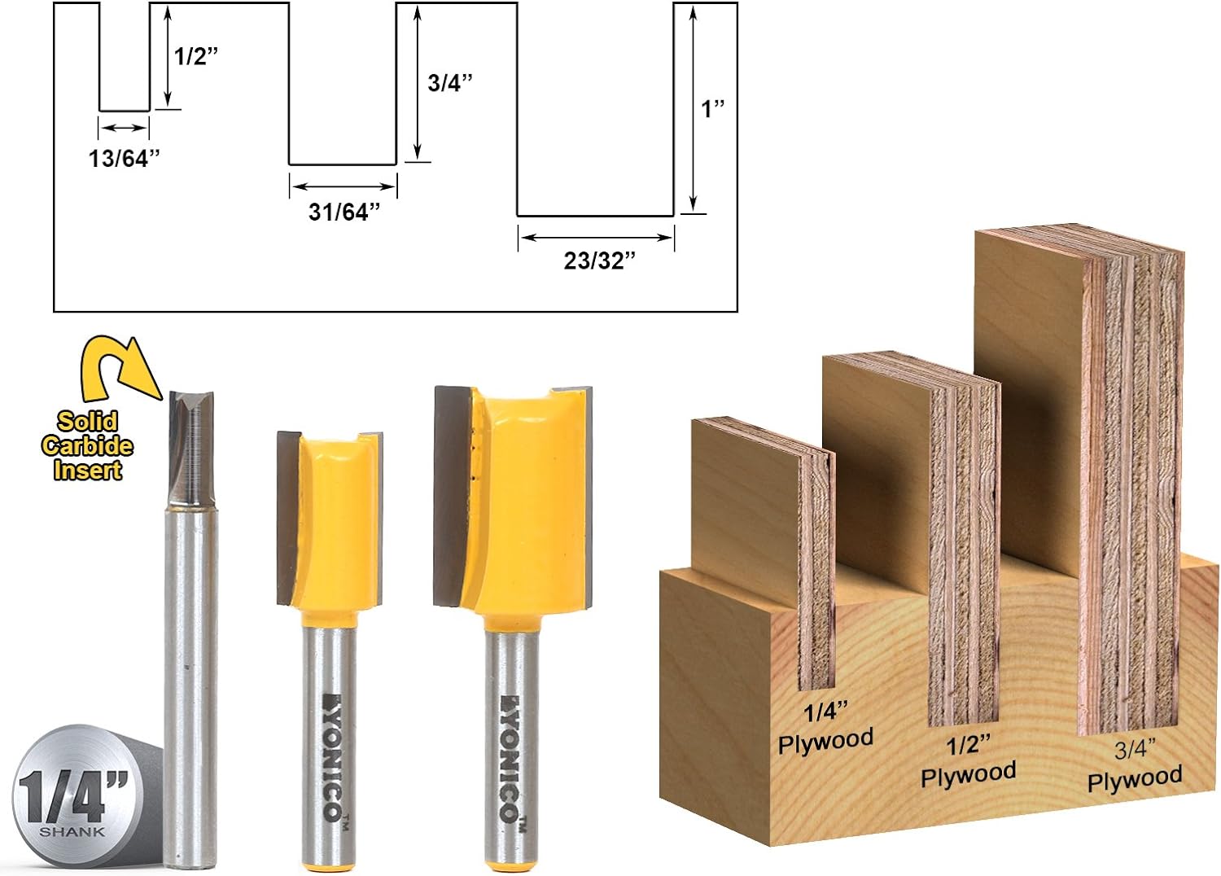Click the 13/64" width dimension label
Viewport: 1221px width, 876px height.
[124, 158]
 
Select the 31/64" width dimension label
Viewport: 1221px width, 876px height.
[344, 212]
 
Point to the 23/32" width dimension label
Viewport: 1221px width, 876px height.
[599, 261]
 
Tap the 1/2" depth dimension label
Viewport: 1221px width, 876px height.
[196, 56]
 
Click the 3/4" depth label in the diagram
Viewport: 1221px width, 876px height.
[450, 83]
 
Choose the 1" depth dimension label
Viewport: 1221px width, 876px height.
[712, 108]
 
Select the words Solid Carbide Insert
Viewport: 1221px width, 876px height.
[87, 445]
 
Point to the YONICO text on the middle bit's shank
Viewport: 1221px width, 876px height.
[331, 757]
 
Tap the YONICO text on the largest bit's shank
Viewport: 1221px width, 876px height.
[509, 757]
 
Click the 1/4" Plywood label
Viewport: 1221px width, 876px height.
[825, 728]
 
